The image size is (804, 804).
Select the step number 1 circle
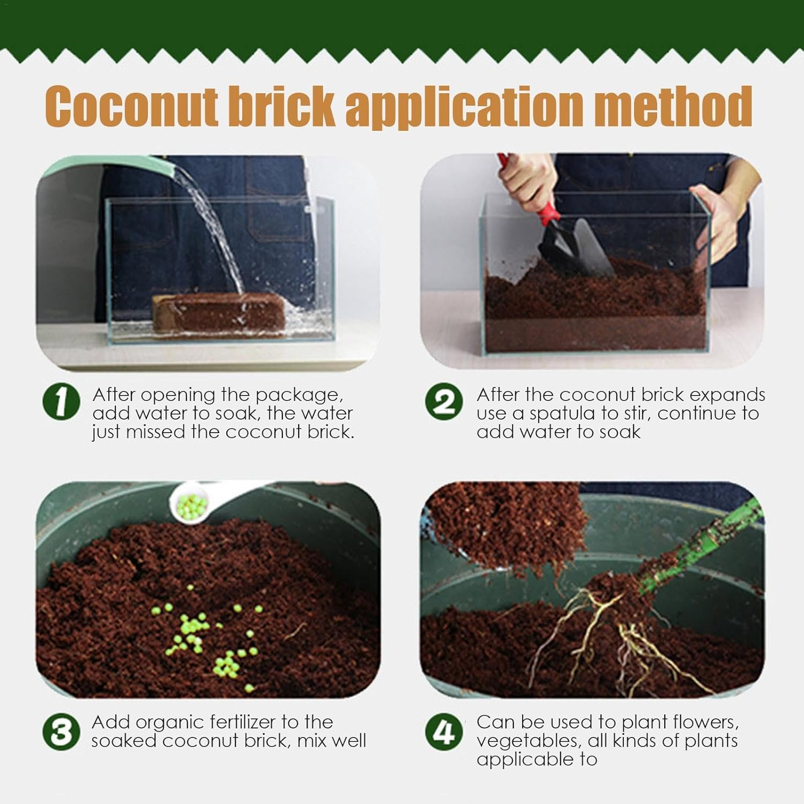click(x=61, y=401)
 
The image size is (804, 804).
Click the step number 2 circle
click(x=444, y=401)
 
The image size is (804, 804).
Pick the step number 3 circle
click(x=61, y=732)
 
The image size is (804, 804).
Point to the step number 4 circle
click(x=444, y=732)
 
